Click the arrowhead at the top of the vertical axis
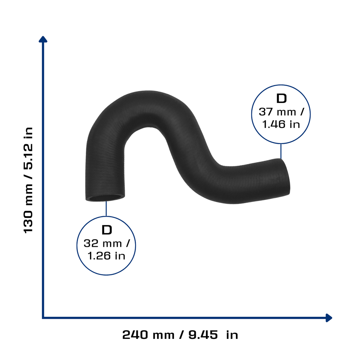[43, 39]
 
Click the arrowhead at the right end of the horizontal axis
[329, 318]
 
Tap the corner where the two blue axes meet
[43, 318]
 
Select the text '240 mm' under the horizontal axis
[148, 335]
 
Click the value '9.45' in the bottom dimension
[203, 335]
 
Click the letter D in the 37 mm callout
[282, 98]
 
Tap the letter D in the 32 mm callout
[107, 230]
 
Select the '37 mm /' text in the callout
[281, 112]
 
